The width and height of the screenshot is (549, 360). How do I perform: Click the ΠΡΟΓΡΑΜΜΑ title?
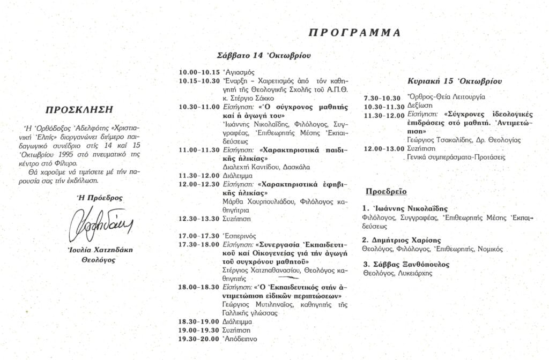(354, 33)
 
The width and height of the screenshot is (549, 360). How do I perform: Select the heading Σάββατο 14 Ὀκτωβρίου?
(264, 55)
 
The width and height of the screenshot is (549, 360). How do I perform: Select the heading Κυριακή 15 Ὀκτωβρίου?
(455, 81)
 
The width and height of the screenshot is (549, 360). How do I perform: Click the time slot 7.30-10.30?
(382, 98)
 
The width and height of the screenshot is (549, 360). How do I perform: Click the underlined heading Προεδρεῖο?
(385, 191)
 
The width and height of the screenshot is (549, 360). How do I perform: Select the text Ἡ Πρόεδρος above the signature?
(96, 198)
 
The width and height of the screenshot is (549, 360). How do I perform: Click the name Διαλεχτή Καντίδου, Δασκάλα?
(266, 167)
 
